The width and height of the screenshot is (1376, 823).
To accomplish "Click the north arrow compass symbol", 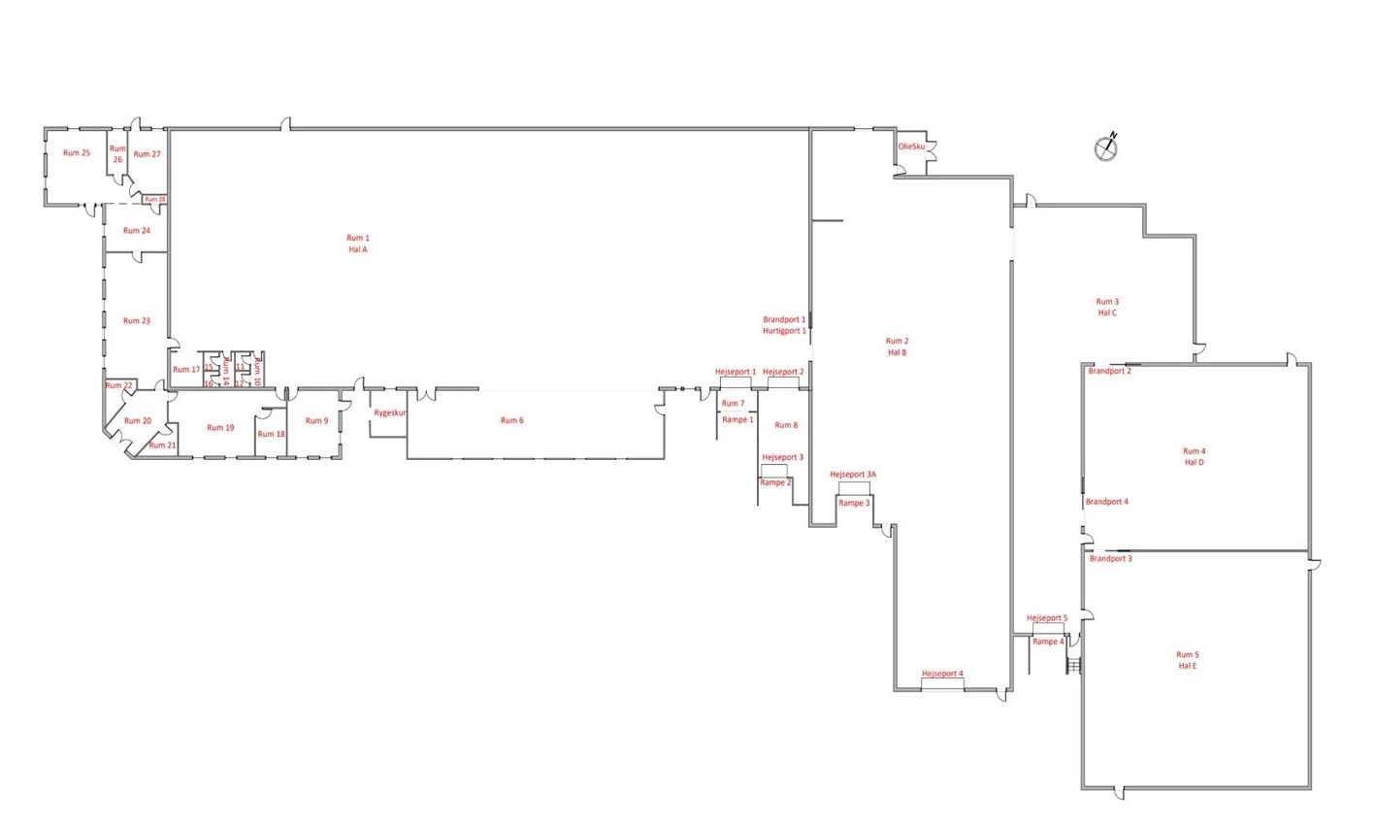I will (x=1107, y=147).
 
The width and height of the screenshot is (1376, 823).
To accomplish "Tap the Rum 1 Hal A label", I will (x=358, y=244).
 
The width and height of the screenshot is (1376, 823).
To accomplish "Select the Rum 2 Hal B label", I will (x=897, y=346).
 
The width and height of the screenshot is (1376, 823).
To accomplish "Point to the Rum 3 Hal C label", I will (x=1107, y=307).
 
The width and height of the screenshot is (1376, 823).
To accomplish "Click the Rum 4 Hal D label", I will (x=1194, y=456).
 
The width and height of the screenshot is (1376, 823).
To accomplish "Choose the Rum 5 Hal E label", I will (x=1188, y=660).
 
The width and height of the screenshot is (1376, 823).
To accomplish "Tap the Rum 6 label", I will (x=511, y=420).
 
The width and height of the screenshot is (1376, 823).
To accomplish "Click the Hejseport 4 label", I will (x=942, y=674).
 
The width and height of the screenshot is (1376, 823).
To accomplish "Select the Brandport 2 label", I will (x=1109, y=371).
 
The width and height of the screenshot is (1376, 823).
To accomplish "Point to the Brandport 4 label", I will (x=1106, y=502).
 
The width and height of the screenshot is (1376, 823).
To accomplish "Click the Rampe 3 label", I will (x=854, y=503).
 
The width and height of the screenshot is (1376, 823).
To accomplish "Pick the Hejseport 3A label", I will (x=853, y=475).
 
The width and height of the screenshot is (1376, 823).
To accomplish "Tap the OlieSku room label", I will (x=912, y=147).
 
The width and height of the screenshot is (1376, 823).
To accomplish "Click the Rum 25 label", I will (x=77, y=152).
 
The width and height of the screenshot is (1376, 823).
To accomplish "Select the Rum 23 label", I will (x=137, y=320).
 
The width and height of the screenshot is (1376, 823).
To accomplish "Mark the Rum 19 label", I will (x=221, y=427).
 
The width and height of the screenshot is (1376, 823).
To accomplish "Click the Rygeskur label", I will (x=390, y=412).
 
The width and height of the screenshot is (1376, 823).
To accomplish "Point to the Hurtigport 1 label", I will (x=784, y=331).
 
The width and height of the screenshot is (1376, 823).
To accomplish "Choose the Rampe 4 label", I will (x=1048, y=642).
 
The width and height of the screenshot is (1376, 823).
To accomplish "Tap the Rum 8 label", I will (x=786, y=425).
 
